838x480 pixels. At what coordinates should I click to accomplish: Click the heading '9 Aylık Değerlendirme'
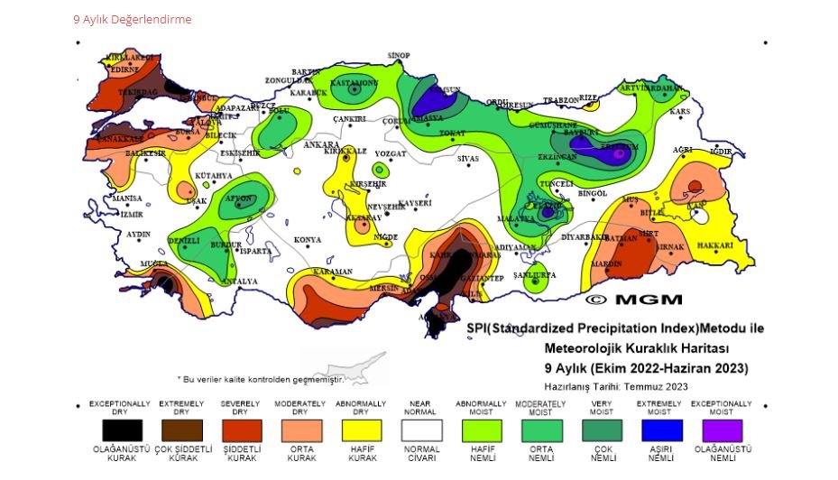coord(133,19)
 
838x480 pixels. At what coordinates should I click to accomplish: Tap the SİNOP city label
coord(399,56)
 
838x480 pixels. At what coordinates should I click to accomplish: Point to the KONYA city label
coord(308,240)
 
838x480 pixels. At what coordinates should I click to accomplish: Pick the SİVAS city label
coord(468,159)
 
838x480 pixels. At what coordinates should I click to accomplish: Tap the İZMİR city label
coord(131,215)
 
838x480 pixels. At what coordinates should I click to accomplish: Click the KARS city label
coord(679,111)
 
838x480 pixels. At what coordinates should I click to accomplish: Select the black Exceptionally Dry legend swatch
coord(121,430)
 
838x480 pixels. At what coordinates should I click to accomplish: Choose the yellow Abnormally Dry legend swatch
coord(362,430)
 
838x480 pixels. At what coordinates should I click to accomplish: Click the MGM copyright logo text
coord(634,299)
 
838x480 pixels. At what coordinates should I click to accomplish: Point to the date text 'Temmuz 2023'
coord(656,386)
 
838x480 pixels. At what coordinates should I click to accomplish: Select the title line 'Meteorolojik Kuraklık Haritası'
coord(637,348)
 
